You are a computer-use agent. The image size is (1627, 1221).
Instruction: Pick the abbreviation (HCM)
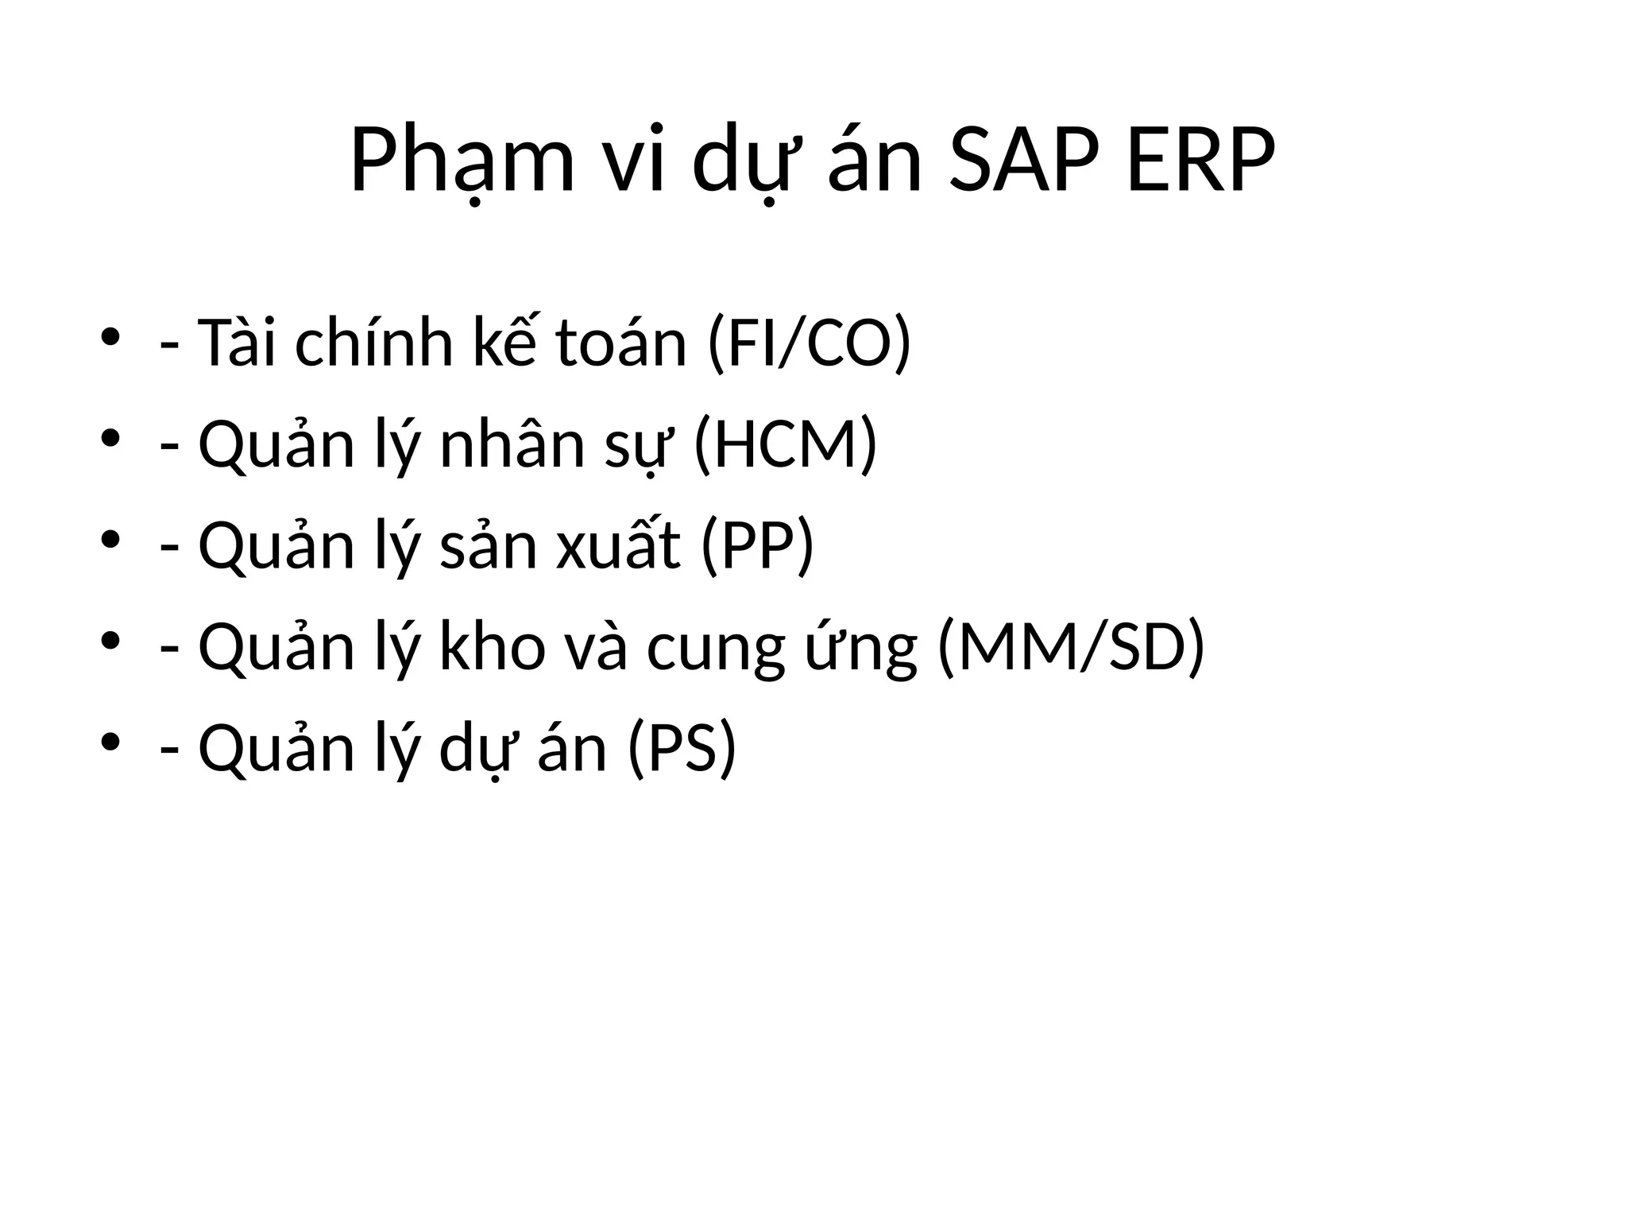[x=785, y=444]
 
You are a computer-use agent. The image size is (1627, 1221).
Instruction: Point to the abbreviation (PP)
[x=757, y=546]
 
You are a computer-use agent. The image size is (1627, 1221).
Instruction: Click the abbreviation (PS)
[x=682, y=748]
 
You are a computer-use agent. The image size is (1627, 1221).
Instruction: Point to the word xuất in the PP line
[x=618, y=546]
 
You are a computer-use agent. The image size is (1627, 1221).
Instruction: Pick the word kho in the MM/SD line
[x=493, y=647]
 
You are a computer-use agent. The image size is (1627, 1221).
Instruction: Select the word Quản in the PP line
[x=276, y=546]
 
